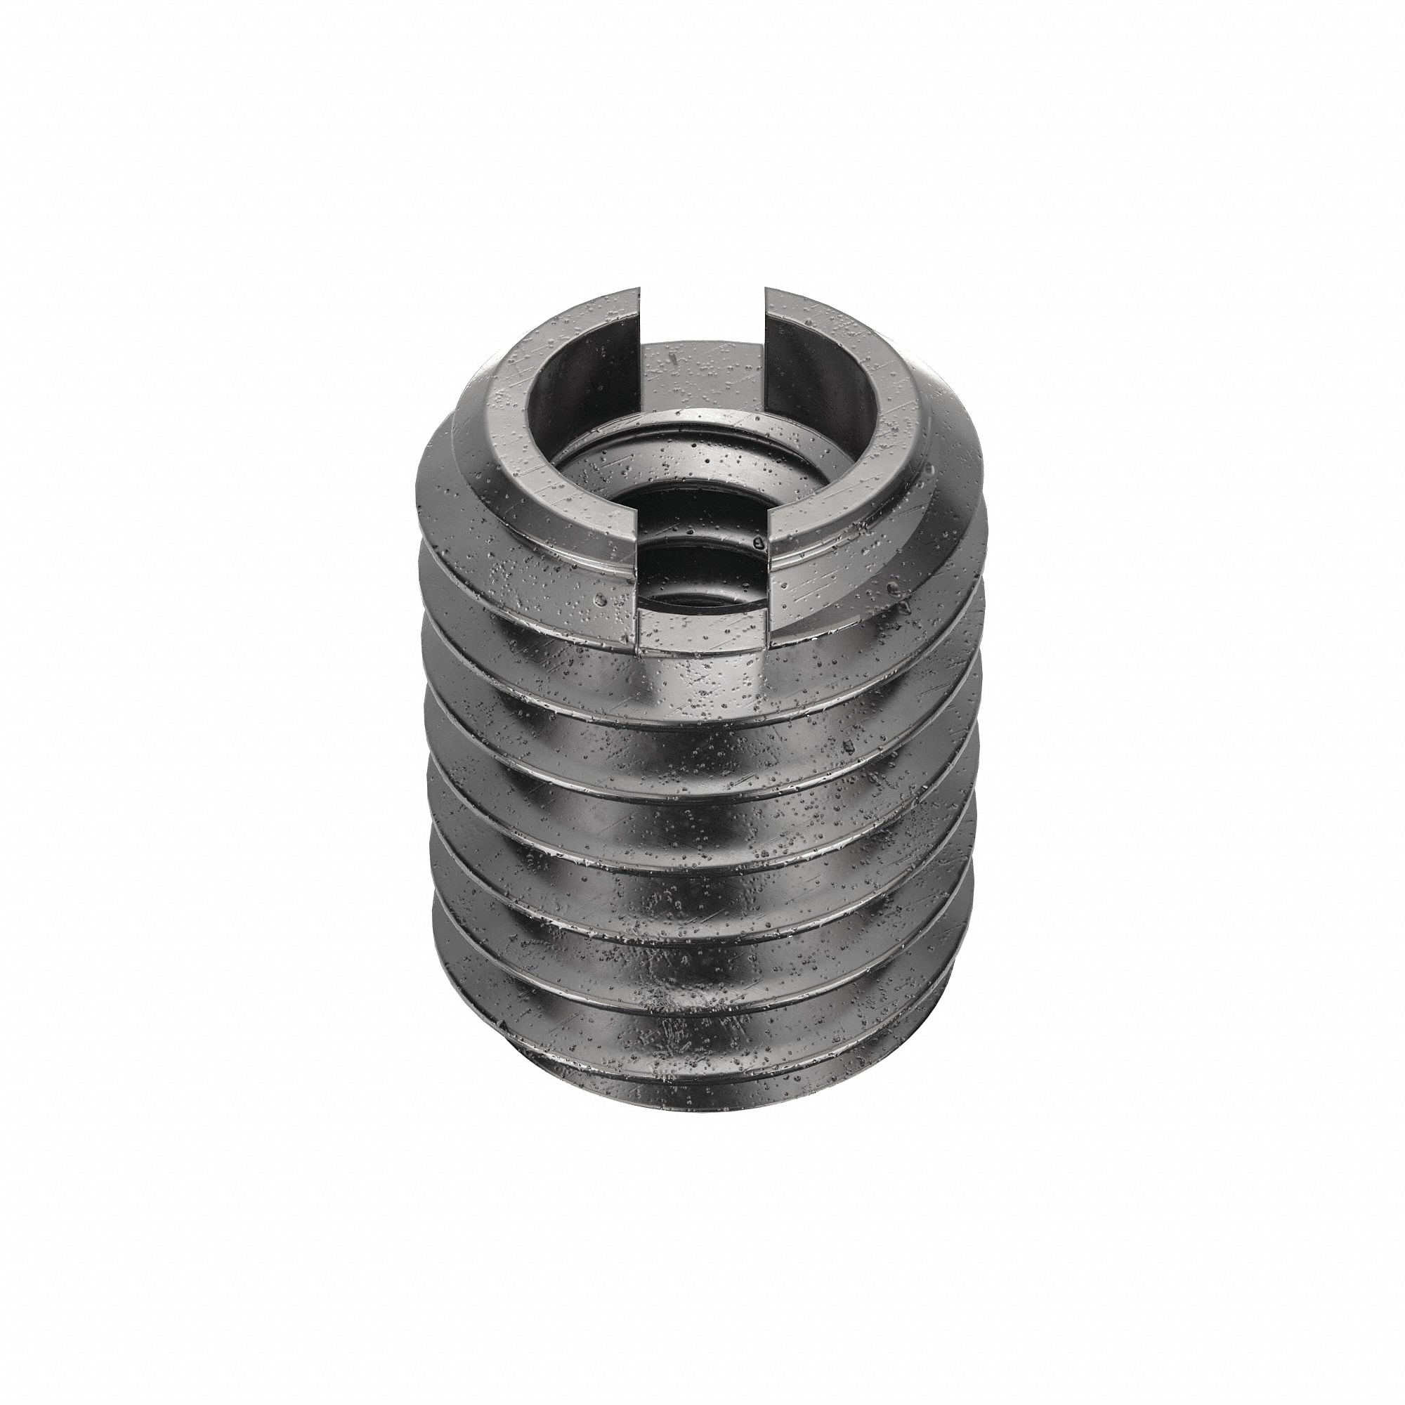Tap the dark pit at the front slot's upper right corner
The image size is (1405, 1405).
pos(758,542)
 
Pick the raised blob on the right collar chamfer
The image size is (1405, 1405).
pos(891,586)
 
